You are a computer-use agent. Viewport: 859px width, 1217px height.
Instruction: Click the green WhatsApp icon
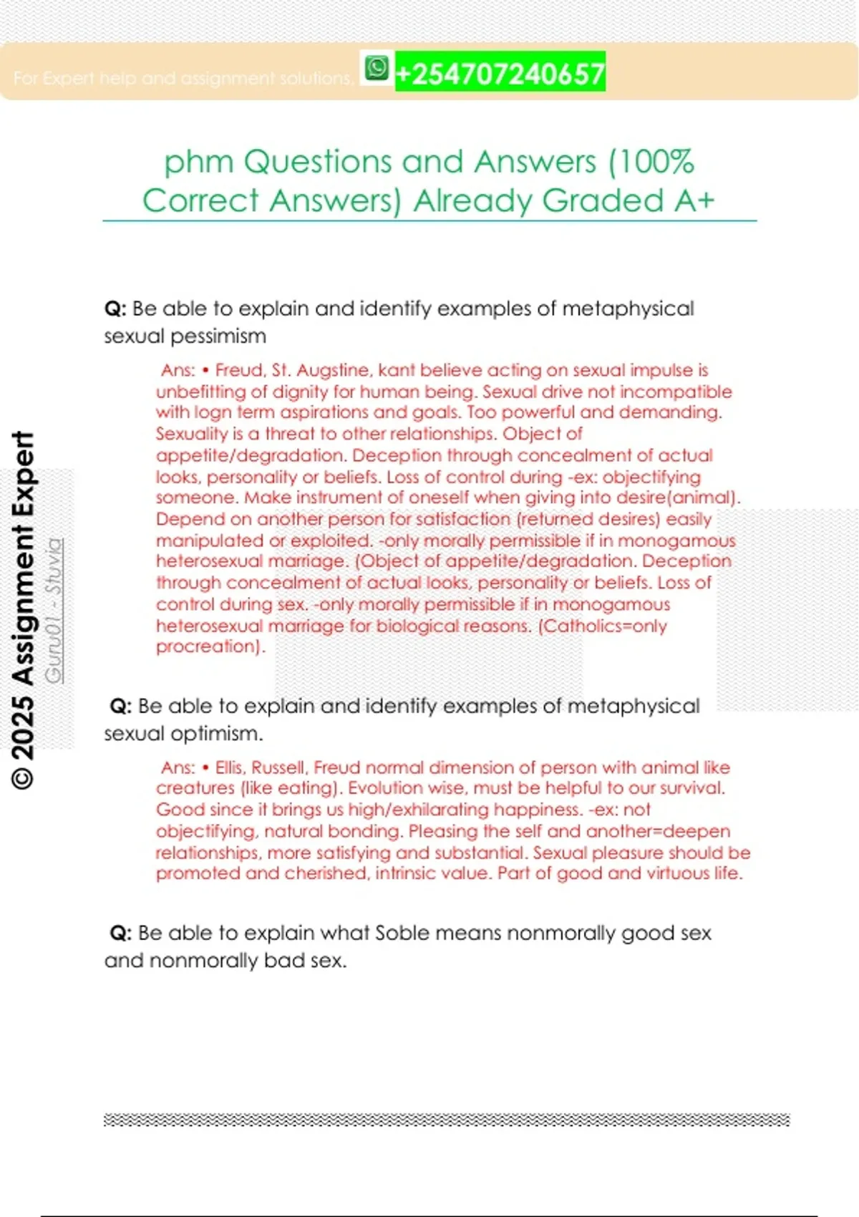click(377, 69)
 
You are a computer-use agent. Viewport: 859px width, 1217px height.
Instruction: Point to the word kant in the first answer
click(396, 370)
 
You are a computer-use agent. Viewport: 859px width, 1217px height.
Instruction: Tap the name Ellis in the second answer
click(228, 767)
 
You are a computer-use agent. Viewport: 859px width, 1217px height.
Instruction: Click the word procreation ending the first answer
click(208, 646)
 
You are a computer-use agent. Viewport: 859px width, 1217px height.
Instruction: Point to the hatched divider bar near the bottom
click(447, 1120)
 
